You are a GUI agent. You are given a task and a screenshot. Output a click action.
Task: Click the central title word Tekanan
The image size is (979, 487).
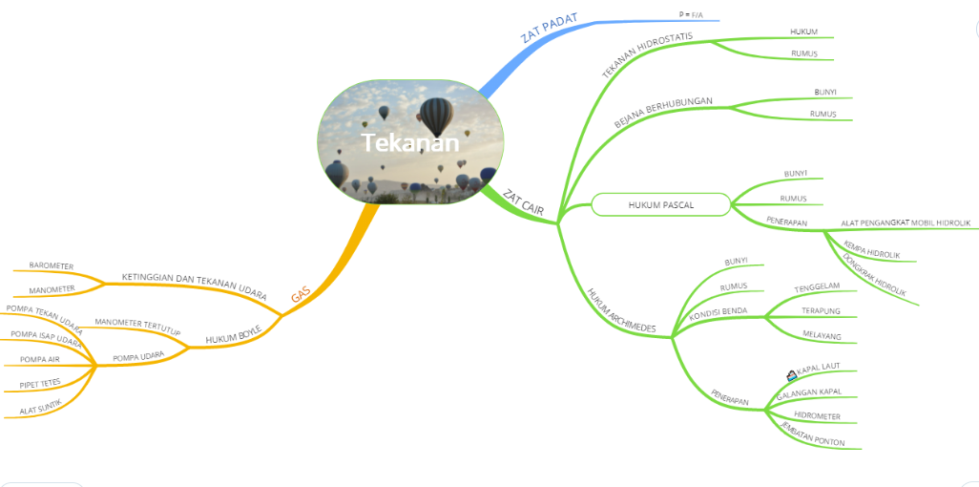[x=410, y=143]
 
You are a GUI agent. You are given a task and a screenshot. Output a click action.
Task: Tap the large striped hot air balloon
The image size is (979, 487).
[x=436, y=116]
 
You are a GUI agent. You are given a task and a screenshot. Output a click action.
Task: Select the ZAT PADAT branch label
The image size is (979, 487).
[x=550, y=29]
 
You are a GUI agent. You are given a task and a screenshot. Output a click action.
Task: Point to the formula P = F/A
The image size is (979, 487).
[x=690, y=14]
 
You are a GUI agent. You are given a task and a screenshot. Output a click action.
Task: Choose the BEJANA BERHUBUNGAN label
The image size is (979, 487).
[x=663, y=112]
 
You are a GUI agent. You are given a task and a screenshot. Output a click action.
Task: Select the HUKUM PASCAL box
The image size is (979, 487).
[x=661, y=204]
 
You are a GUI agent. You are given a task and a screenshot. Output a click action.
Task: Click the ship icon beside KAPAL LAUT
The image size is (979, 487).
[x=791, y=374]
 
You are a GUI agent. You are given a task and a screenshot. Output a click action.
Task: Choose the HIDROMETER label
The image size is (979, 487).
[x=817, y=416]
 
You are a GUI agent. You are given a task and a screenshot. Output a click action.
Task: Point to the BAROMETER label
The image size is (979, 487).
[x=52, y=265]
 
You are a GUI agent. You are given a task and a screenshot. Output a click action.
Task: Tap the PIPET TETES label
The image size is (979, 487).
[x=39, y=383]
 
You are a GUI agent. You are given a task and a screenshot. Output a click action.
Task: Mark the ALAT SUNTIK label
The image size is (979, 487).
[x=40, y=407]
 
